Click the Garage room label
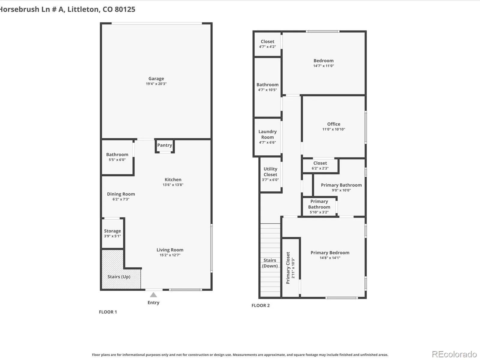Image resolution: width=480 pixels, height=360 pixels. (156, 79)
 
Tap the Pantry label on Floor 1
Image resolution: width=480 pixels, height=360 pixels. (165, 145)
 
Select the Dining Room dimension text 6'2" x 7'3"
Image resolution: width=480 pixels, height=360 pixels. (121, 199)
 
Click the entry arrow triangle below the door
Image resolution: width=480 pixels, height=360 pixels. (153, 295)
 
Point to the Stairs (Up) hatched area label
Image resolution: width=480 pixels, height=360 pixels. (119, 277)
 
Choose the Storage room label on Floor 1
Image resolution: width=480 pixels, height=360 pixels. (112, 231)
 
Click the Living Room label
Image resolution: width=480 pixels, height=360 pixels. (170, 250)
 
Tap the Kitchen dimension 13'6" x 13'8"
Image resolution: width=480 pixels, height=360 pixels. (173, 185)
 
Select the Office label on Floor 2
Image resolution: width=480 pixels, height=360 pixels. (334, 124)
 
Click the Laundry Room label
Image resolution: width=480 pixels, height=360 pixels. (267, 134)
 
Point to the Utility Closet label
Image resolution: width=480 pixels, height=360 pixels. (270, 172)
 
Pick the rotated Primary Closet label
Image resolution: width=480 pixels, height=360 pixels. (288, 268)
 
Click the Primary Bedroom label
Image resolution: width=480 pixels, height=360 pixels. (330, 253)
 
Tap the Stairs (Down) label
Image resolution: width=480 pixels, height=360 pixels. (270, 263)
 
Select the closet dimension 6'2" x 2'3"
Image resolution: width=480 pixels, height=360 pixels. (320, 168)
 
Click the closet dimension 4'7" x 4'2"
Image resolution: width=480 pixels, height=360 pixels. (267, 46)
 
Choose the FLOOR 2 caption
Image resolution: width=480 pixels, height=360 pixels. (261, 306)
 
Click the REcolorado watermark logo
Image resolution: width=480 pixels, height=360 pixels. (454, 354)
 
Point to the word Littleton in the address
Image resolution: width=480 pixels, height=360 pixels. (83, 9)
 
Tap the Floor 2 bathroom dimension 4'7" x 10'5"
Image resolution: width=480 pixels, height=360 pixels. (267, 90)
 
